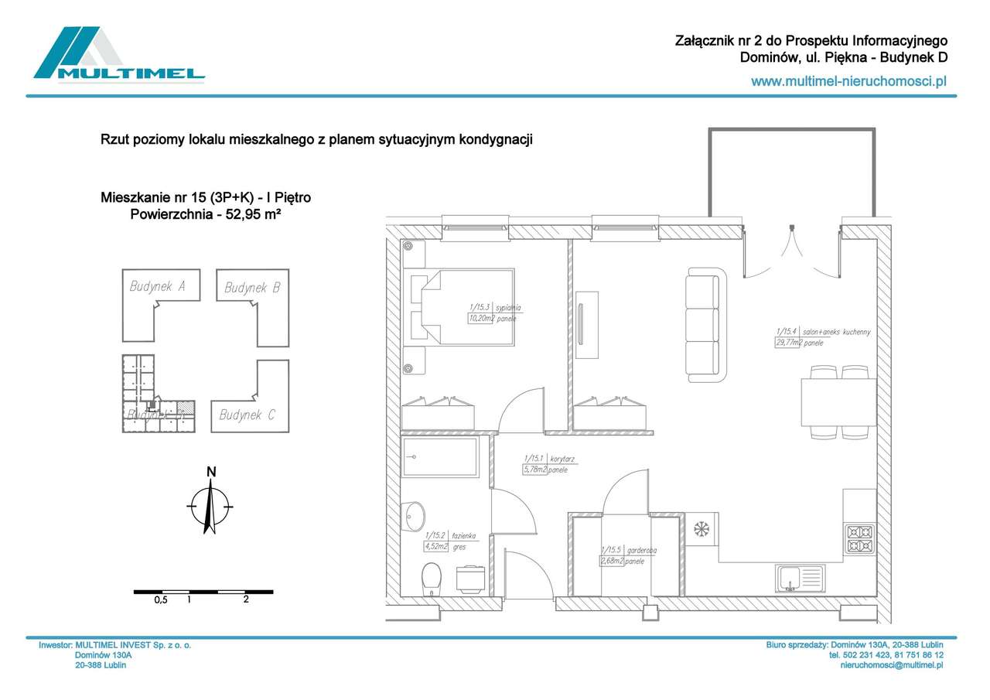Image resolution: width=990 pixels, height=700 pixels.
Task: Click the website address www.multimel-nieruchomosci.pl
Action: click(849, 80)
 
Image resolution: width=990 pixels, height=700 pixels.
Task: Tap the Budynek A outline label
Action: click(157, 287)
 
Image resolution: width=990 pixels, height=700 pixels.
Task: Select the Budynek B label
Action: click(252, 288)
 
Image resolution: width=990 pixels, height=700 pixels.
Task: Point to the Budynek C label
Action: click(247, 415)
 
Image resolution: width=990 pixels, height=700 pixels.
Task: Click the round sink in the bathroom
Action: click(415, 514)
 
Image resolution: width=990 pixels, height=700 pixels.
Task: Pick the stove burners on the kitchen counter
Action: click(860, 538)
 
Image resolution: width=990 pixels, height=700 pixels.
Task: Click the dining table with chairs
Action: click(840, 401)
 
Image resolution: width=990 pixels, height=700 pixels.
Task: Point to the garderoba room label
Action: click(641, 551)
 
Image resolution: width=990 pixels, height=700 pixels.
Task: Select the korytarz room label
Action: click(562, 459)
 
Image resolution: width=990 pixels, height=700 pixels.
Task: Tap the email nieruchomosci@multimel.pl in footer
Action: click(891, 664)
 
